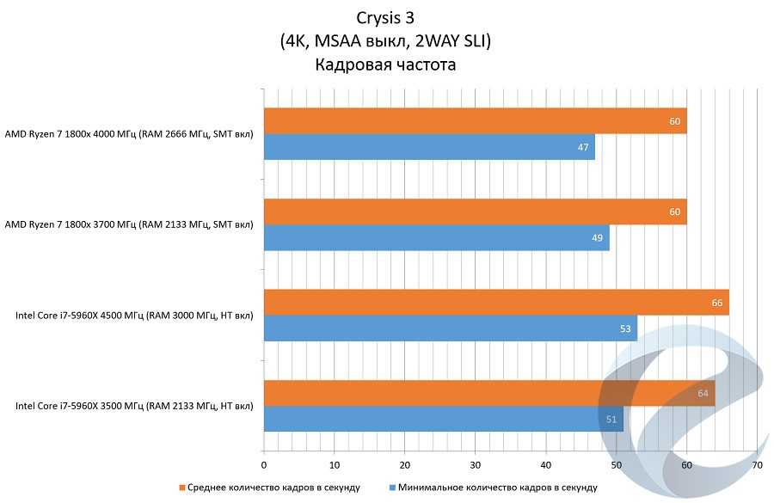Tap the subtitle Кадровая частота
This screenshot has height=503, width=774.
tap(384, 64)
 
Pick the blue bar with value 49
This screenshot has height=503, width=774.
tap(436, 237)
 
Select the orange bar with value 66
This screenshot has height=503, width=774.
tap(496, 302)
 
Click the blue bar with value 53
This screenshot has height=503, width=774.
tap(450, 328)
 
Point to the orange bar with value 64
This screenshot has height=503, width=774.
tap(488, 393)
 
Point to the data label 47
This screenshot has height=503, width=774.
tap(583, 148)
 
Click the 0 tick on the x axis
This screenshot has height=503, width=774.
tap(264, 465)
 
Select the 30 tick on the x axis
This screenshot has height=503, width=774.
tap(476, 465)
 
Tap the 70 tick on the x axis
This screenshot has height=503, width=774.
tap(757, 465)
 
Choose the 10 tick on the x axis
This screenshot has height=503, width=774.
tap(335, 465)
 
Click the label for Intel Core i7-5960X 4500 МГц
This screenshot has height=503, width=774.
tap(134, 316)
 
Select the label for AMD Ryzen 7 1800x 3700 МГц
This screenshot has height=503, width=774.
tap(129, 225)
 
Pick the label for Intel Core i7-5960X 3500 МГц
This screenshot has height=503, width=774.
tap(134, 406)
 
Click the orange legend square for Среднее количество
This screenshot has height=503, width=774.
tap(182, 488)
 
